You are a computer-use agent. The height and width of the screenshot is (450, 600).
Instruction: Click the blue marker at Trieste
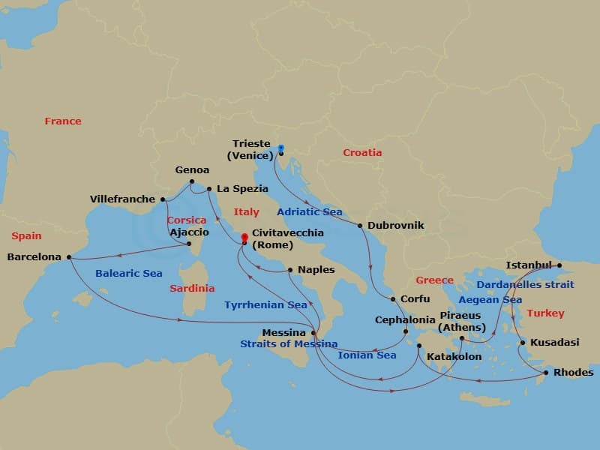pyautogui.click(x=280, y=148)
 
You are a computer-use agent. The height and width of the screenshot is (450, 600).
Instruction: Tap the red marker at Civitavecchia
pyautogui.click(x=244, y=238)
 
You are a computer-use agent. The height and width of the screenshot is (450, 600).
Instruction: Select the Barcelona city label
pyautogui.click(x=34, y=256)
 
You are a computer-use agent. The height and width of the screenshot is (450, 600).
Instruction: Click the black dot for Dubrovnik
pyautogui.click(x=360, y=225)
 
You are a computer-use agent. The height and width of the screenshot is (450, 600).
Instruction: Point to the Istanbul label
pyautogui.click(x=529, y=265)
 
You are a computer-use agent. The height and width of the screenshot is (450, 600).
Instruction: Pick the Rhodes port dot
pyautogui.click(x=546, y=373)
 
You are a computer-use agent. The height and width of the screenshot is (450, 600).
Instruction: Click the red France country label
pyautogui.click(x=63, y=121)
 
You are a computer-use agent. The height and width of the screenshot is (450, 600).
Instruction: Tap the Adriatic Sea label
pyautogui.click(x=310, y=211)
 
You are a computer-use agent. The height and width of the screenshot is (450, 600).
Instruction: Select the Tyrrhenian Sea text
pyautogui.click(x=265, y=305)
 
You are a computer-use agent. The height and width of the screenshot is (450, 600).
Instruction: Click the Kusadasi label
pyautogui.click(x=554, y=342)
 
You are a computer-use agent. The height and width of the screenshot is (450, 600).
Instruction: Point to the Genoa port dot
pyautogui.click(x=192, y=181)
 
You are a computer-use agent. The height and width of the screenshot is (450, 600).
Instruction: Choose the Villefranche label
pyautogui.click(x=122, y=199)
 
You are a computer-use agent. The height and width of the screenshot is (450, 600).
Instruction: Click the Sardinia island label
pyautogui.click(x=192, y=288)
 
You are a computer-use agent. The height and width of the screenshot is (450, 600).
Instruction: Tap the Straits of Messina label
pyautogui.click(x=289, y=343)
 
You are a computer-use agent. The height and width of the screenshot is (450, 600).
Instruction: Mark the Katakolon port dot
pyautogui.click(x=419, y=346)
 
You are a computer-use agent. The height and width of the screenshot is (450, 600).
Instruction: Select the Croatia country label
pyautogui.click(x=362, y=152)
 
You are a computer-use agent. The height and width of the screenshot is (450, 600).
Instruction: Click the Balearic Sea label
pyautogui.click(x=129, y=273)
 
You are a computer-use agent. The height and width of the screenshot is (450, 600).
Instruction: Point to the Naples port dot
pyautogui.click(x=289, y=270)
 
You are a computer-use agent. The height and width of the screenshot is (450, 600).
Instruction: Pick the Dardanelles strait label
pyautogui.click(x=525, y=284)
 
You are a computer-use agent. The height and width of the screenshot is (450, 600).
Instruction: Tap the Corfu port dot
pyautogui.click(x=393, y=298)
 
